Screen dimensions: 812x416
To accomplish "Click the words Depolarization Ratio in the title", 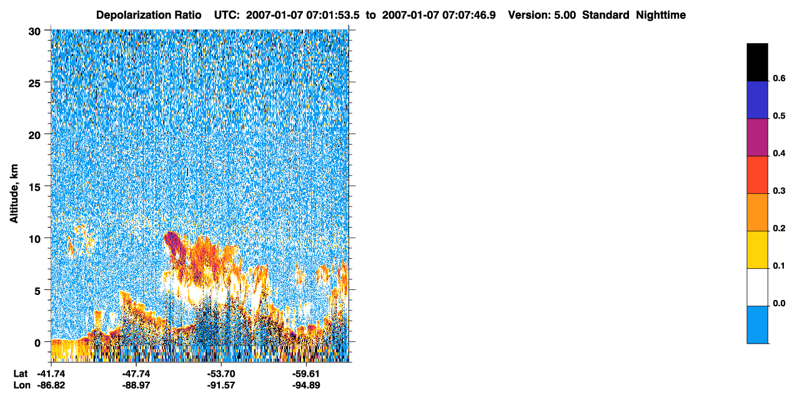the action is [x=149, y=15].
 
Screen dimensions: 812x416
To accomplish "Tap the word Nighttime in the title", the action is [x=661, y=15].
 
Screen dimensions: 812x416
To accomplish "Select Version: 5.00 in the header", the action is [x=542, y=15].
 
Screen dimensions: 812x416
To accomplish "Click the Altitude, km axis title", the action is [x=14, y=193].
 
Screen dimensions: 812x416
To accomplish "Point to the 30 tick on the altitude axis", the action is [x=34, y=32].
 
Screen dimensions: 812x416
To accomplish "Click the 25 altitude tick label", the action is [x=34, y=84].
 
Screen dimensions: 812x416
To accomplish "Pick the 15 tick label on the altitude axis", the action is [x=34, y=188].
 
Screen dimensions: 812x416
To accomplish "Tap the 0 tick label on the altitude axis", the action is [x=37, y=343].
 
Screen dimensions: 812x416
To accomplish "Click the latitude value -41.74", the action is [x=51, y=374].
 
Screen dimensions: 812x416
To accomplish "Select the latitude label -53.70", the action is [x=221, y=374].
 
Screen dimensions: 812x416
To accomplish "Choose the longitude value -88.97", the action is [x=136, y=385].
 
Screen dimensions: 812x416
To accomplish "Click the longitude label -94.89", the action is [x=306, y=385].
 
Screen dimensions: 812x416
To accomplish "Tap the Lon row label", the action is [x=22, y=385].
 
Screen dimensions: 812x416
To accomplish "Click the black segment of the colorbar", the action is [x=757, y=62].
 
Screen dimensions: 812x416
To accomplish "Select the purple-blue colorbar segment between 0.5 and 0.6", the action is [x=757, y=100].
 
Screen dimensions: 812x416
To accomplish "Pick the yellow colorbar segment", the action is [x=757, y=249].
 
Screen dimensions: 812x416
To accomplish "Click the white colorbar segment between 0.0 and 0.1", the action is [x=757, y=287].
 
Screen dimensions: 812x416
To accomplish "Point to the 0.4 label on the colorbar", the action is [x=779, y=153].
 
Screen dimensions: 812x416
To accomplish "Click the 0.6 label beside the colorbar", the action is [x=779, y=79].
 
